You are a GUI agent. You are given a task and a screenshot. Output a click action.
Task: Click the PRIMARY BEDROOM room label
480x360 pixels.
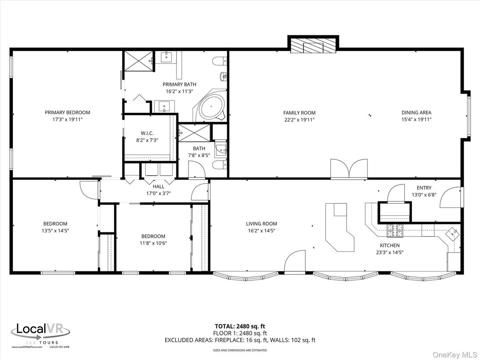coord(67,112)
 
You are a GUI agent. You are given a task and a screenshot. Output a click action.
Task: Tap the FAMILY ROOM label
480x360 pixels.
coord(299,113)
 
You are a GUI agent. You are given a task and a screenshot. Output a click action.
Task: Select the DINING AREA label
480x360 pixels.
coord(416,113)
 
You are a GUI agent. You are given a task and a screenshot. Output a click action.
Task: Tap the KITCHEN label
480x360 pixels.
coord(390,245)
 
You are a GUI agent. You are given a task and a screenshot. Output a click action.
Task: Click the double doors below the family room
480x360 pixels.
coord(349,169)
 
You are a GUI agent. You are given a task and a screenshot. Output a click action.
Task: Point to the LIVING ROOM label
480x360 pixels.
coord(261,223)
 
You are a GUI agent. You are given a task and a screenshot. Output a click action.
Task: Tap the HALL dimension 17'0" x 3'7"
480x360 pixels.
coord(159,193)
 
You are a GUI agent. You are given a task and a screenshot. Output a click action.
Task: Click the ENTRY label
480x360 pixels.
coord(424,188)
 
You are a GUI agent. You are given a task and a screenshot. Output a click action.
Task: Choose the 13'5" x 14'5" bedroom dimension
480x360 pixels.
coord(55,231)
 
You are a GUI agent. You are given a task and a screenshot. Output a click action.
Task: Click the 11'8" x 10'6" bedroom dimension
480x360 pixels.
coord(153,243)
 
